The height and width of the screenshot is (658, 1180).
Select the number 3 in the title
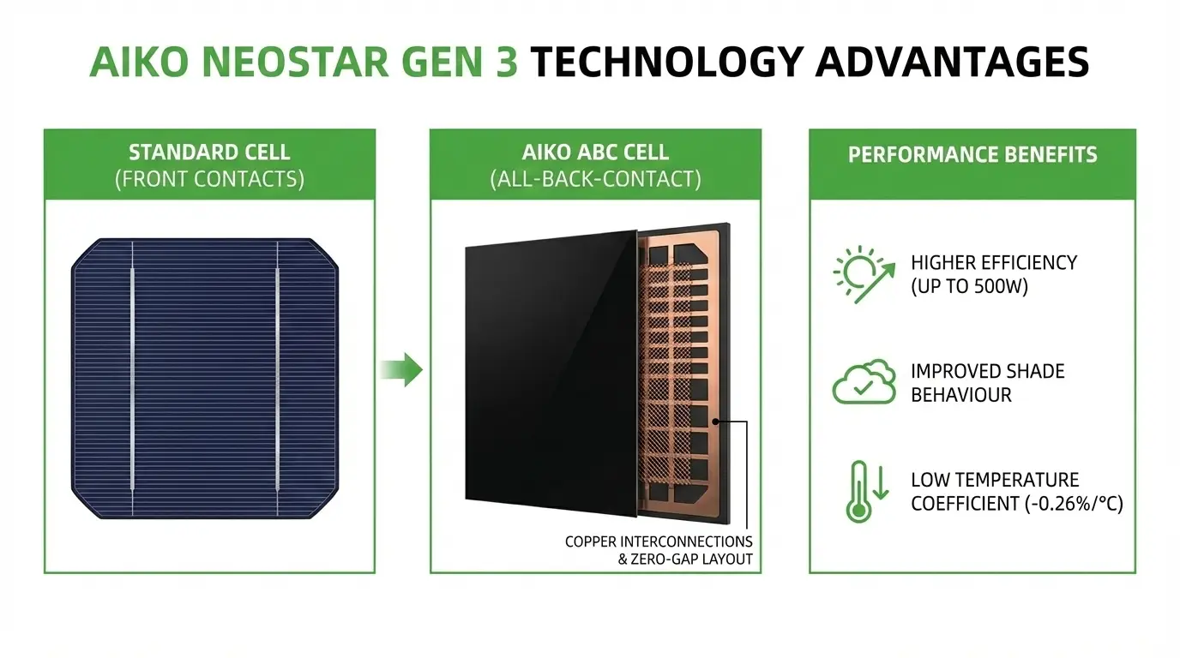click(x=504, y=62)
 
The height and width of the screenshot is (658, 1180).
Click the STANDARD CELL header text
click(x=209, y=153)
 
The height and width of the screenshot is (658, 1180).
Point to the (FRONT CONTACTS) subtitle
click(x=209, y=179)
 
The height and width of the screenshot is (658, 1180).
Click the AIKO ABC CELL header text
click(x=595, y=153)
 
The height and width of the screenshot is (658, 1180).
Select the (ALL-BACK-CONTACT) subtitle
click(x=595, y=179)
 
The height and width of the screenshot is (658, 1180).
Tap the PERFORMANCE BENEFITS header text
click(x=972, y=155)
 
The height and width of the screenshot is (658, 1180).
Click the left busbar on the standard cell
click(x=132, y=377)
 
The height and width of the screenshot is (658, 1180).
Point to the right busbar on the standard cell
click(x=278, y=377)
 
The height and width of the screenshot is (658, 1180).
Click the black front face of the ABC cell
click(x=549, y=368)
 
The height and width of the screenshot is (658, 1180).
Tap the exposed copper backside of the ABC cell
click(x=682, y=368)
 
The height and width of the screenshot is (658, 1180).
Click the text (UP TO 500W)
click(x=969, y=287)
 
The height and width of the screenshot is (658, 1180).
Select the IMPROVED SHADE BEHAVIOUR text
click(x=987, y=383)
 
